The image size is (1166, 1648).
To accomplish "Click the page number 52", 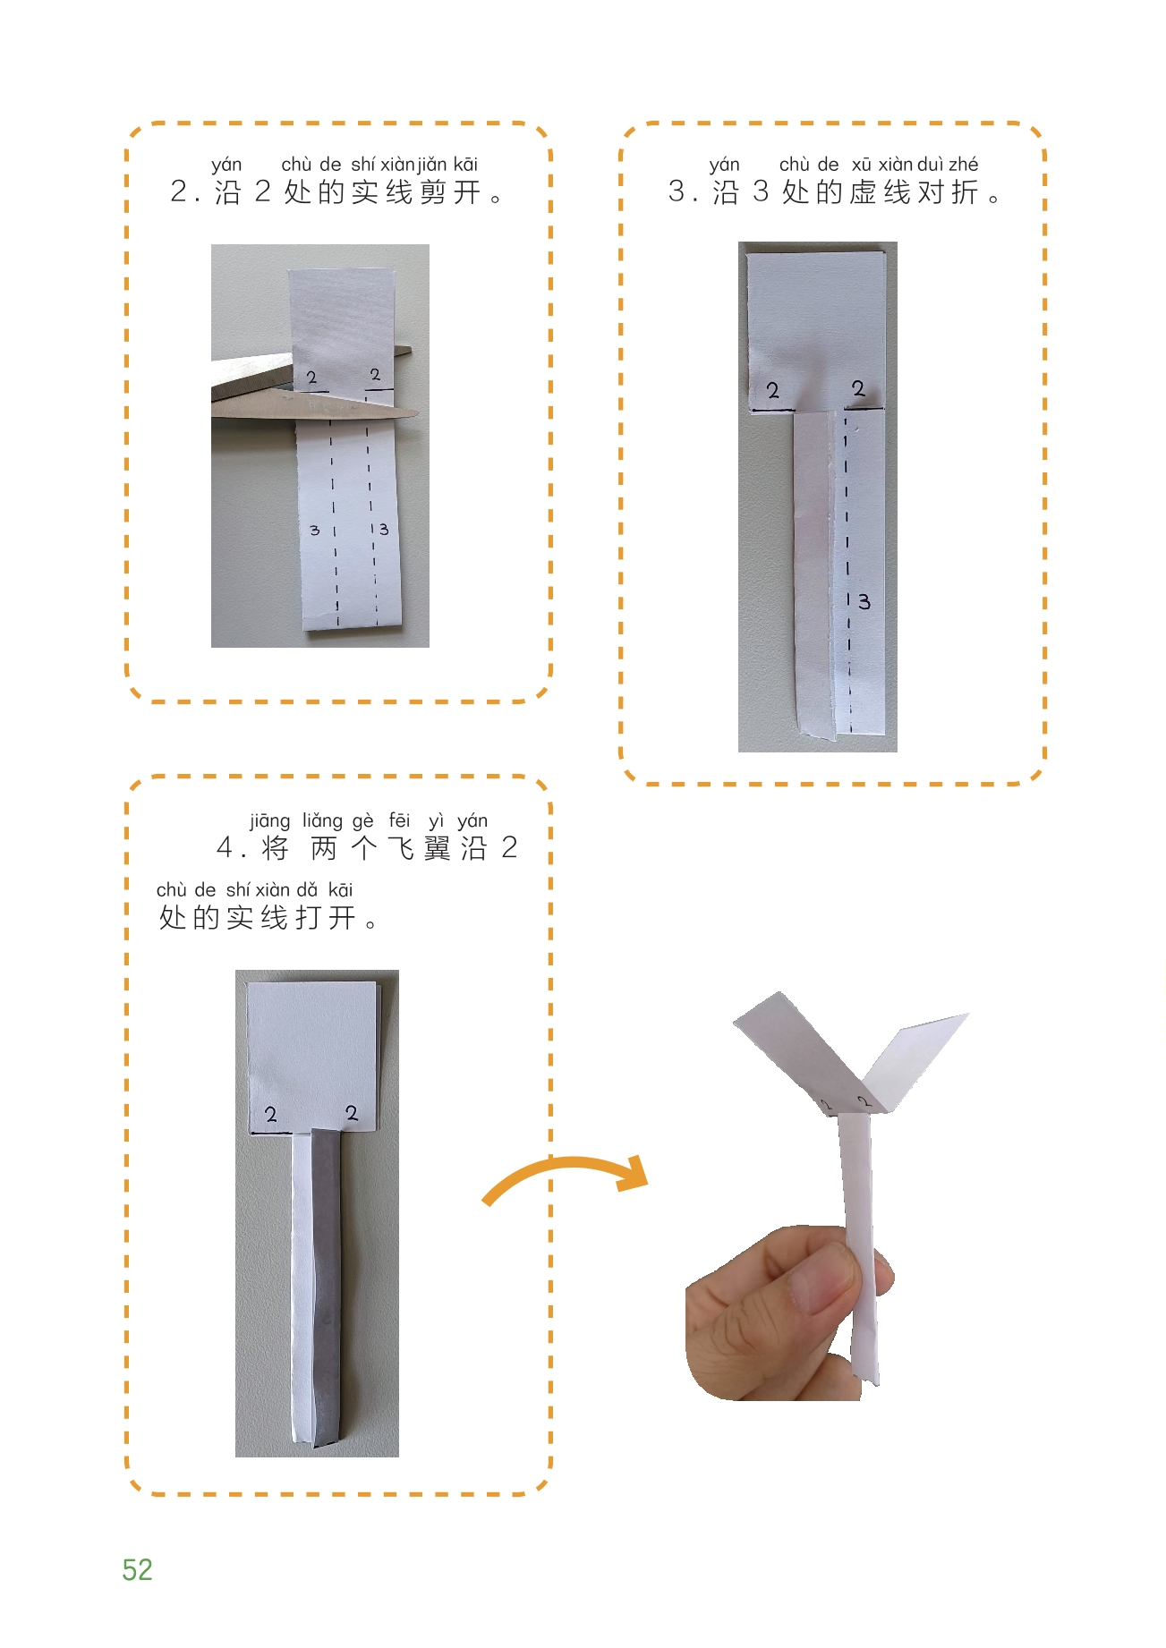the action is pos(137,1569).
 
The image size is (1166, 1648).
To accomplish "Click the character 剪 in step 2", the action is pos(433,192).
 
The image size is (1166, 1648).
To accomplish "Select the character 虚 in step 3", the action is pos(864,192).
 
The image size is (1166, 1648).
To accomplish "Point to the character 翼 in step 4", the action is pos(438,847).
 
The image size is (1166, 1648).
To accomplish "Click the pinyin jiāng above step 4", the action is pos(269,820).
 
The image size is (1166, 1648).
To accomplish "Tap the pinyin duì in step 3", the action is pos(931,164).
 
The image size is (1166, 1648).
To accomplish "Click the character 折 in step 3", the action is pos(965,192).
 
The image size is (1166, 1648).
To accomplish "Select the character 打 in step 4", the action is pos(309,918).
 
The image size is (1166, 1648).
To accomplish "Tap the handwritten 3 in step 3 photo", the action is pos(864,601).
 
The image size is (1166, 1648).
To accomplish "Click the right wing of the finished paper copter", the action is pos(917,1059).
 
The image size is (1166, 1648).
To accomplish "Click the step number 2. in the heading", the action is pos(183,192).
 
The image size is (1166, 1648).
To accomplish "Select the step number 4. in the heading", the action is pos(230,848).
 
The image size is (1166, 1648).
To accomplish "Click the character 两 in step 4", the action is pos(324,847).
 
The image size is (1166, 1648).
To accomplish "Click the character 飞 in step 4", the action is pos(400,847).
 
